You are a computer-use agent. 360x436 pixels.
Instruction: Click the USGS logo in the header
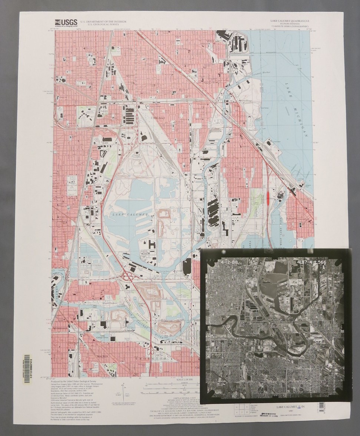[x=66, y=23]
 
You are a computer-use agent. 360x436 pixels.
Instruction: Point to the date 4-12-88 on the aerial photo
[x=229, y=263]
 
